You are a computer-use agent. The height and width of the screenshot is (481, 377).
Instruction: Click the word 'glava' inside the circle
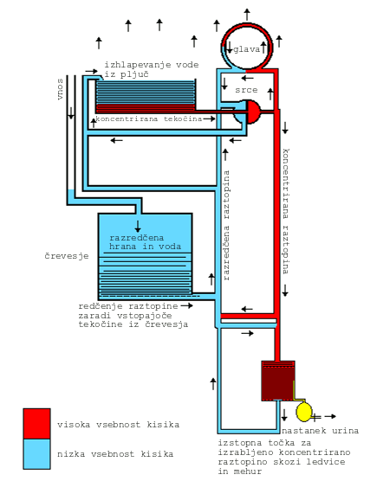[x=246, y=49]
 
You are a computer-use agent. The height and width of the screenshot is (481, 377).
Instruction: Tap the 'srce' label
[x=246, y=90]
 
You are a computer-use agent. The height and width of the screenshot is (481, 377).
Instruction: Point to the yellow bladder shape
[x=304, y=412]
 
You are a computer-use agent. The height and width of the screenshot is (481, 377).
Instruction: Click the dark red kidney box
[x=278, y=381]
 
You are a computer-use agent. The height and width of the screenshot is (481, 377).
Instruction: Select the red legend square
[x=36, y=424]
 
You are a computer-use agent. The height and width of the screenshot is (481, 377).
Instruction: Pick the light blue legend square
[x=36, y=454]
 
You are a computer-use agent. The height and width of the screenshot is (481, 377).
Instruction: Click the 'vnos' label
[x=60, y=89]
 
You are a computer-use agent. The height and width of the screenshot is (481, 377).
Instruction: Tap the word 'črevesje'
[x=67, y=255]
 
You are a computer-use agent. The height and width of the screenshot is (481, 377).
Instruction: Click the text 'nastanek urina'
[x=320, y=431]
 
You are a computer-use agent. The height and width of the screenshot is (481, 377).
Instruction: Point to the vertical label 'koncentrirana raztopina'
[x=286, y=211]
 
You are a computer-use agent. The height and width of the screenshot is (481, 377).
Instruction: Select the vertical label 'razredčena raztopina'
[x=226, y=226]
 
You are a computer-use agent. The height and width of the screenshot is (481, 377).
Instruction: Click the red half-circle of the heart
[x=253, y=112]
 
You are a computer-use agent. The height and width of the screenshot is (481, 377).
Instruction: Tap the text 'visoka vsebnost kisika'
[x=118, y=425]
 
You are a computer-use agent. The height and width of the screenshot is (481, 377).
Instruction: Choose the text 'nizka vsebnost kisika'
[x=115, y=454]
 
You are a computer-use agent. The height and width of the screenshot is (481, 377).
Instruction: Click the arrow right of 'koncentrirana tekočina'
[x=209, y=119]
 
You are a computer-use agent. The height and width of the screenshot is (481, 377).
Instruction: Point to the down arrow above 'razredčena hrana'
[x=138, y=226]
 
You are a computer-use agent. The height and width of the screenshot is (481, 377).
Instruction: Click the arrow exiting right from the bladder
[x=330, y=416]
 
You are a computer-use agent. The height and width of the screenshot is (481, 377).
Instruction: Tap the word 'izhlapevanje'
[x=137, y=65]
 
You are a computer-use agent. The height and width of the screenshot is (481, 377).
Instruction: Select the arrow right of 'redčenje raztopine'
[x=187, y=305]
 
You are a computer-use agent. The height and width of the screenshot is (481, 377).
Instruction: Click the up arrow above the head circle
[x=247, y=15]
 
